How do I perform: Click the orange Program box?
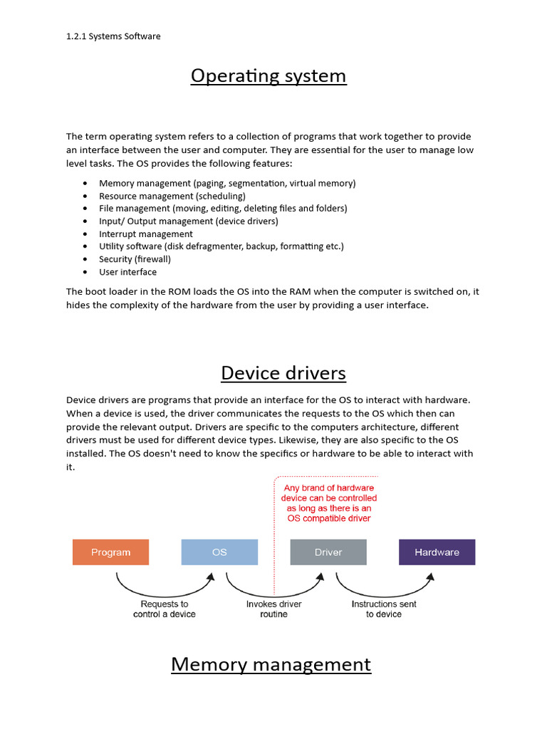point(110,552)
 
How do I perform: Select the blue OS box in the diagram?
point(219,552)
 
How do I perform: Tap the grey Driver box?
point(328,552)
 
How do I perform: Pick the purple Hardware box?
point(437,552)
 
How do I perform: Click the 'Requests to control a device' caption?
point(165,609)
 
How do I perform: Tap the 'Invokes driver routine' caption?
point(274,609)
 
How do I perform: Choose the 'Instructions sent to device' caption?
point(384,609)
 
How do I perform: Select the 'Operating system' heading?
point(269,75)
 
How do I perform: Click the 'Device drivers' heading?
point(283,373)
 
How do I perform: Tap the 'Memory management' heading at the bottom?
point(271,664)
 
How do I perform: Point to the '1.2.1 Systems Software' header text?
point(113,36)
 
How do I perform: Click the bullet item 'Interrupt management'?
point(146,234)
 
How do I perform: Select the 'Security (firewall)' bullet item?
point(135,259)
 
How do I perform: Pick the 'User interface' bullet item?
point(128,272)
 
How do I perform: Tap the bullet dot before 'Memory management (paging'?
point(85,184)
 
